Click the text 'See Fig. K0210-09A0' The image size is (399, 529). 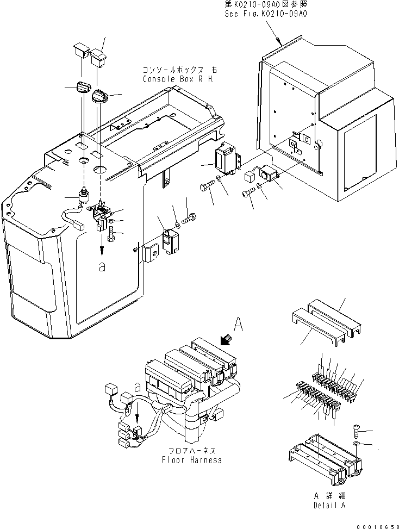(266, 14)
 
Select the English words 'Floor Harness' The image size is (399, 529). (192, 460)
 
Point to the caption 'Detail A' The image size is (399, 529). (329, 505)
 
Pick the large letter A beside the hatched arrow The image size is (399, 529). (238, 326)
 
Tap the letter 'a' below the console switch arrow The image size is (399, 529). (102, 268)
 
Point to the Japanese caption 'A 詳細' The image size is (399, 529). (329, 496)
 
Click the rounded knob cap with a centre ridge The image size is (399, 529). (100, 97)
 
